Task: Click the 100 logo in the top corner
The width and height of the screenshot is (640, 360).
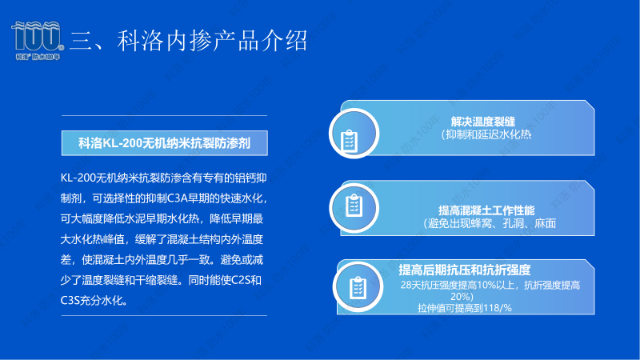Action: coord(37,37)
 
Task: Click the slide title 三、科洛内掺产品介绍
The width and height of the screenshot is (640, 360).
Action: coord(189,40)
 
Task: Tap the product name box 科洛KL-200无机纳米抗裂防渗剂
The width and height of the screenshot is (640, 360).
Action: coord(165,143)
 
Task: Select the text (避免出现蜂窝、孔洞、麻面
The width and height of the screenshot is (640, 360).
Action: coord(490,224)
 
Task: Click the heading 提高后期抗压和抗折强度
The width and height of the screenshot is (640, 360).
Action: coord(465,270)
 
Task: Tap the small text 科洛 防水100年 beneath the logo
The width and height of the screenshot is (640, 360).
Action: coord(37,58)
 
